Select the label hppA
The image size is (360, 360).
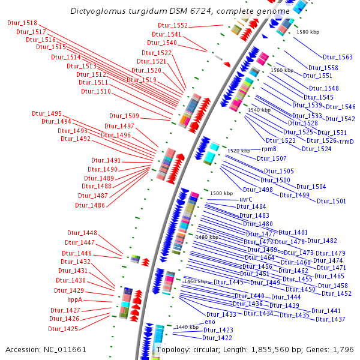[75, 299]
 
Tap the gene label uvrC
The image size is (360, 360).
[246, 199]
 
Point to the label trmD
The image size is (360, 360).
[347, 141]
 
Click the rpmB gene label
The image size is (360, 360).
[269, 149]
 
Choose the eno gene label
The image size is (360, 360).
[210, 322]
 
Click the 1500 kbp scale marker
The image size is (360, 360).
[221, 193]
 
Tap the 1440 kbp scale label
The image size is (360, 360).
[187, 327]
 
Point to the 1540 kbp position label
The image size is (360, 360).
[259, 110]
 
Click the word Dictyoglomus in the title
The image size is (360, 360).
[97, 11]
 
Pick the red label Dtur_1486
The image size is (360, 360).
[90, 205]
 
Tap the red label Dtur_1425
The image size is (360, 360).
[64, 329]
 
